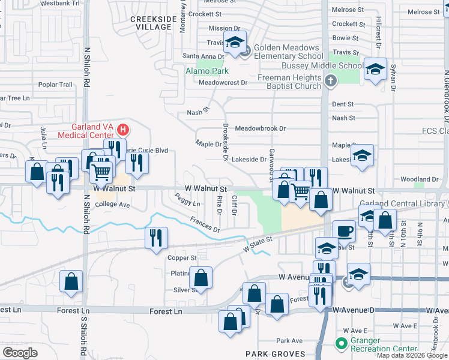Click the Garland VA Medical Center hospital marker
click(x=123, y=129)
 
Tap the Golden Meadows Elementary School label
click(x=286, y=52)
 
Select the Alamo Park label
click(x=203, y=71)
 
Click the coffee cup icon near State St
click(x=344, y=231)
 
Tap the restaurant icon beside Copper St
click(x=154, y=238)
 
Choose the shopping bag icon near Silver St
click(x=201, y=278)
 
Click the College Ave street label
click(x=112, y=205)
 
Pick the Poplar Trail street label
click(x=55, y=85)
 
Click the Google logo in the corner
click(x=20, y=353)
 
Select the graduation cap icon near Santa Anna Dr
click(x=235, y=43)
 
